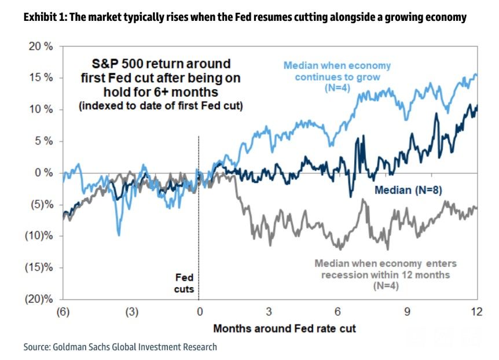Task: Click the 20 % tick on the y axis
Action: (x=40, y=46)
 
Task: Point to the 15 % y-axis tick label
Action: (x=40, y=78)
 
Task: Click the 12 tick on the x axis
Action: (x=476, y=312)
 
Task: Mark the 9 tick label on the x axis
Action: (x=408, y=312)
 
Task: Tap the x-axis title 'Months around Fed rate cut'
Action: (x=284, y=329)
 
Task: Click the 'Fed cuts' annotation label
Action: (x=184, y=284)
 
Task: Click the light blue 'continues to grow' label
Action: (x=337, y=76)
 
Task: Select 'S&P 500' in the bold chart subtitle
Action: (x=119, y=64)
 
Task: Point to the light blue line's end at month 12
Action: (x=476, y=75)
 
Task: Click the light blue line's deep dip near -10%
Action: (x=118, y=234)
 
